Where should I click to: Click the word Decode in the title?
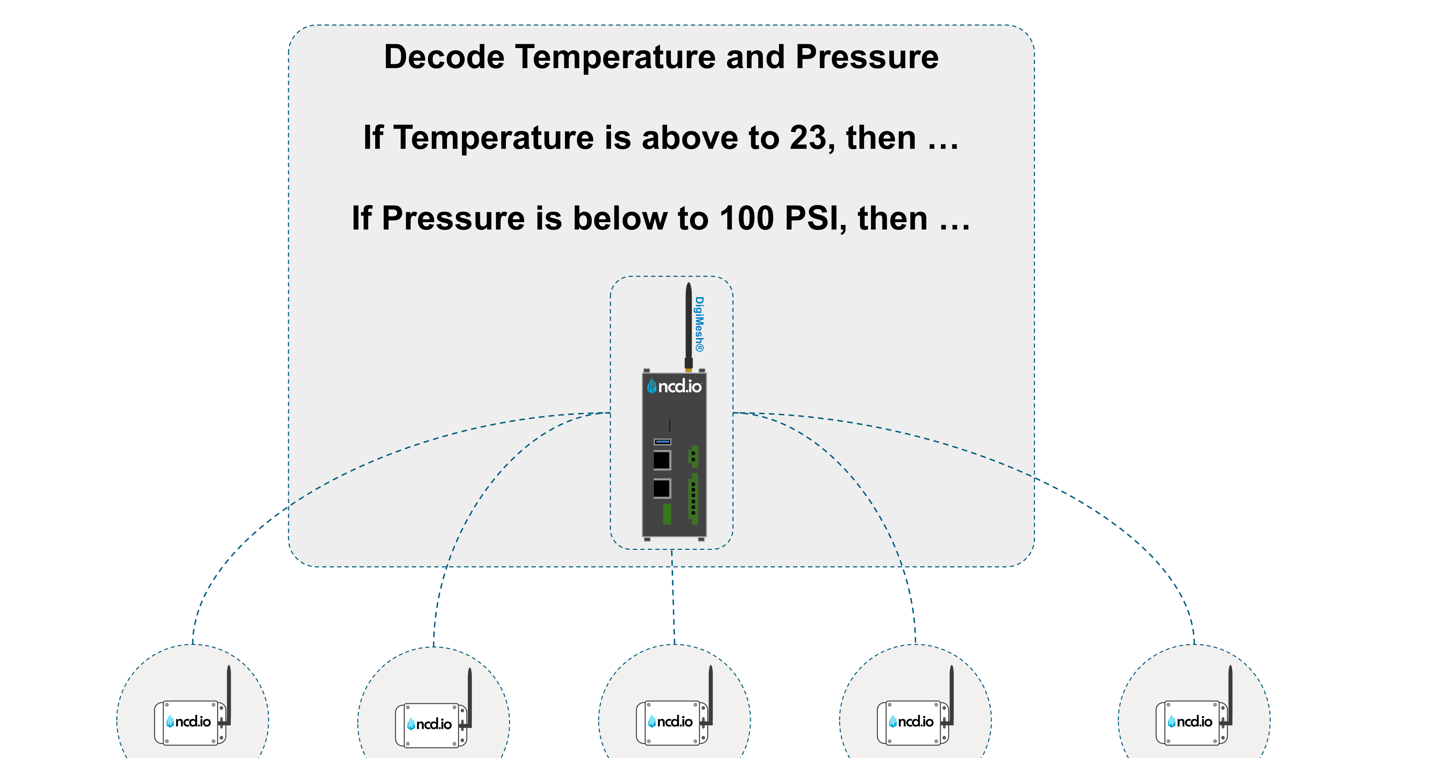tap(444, 58)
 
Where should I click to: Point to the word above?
tap(689, 138)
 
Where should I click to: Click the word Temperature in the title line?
tap(614, 58)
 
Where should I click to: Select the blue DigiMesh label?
tap(699, 324)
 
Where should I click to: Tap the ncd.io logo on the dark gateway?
tap(674, 386)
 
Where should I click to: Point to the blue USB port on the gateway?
tap(662, 441)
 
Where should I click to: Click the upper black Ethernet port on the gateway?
tap(662, 460)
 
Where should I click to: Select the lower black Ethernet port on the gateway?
tap(662, 488)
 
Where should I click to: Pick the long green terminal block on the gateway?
tap(693, 498)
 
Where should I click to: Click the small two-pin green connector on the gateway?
tap(694, 456)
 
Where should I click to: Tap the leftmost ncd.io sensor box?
tap(189, 723)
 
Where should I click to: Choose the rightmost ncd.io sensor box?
tap(1190, 723)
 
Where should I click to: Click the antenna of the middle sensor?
tap(711, 692)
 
